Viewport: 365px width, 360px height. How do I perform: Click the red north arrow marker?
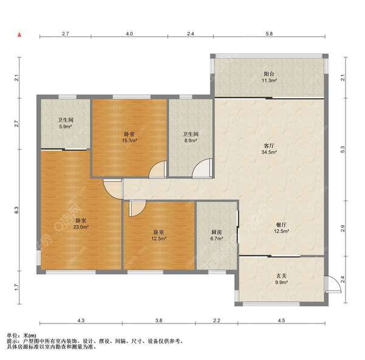[20, 35]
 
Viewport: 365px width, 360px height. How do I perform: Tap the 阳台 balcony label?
[269, 74]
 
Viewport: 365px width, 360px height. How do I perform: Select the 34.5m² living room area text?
[269, 152]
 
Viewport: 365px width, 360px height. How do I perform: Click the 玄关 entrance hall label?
[281, 276]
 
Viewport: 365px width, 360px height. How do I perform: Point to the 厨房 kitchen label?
[217, 232]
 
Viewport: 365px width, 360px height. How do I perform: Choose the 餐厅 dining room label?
[281, 225]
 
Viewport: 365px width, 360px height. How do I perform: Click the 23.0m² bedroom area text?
[81, 227]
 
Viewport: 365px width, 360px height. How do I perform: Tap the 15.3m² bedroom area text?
[130, 141]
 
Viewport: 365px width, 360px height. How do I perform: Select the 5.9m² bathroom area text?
[66, 127]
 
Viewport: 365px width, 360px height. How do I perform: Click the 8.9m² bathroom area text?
[190, 141]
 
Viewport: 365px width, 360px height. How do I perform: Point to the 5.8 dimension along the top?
[269, 34]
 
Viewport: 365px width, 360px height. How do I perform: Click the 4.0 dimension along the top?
[130, 34]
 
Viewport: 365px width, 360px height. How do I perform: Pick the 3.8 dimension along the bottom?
[159, 320]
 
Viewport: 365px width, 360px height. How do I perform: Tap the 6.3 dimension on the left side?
[16, 210]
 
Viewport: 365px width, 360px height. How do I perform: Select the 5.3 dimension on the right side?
[342, 149]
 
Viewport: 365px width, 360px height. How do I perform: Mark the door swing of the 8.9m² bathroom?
[202, 168]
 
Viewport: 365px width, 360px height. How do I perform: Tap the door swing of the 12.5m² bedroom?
[138, 208]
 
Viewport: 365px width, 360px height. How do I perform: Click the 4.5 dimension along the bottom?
[281, 320]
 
